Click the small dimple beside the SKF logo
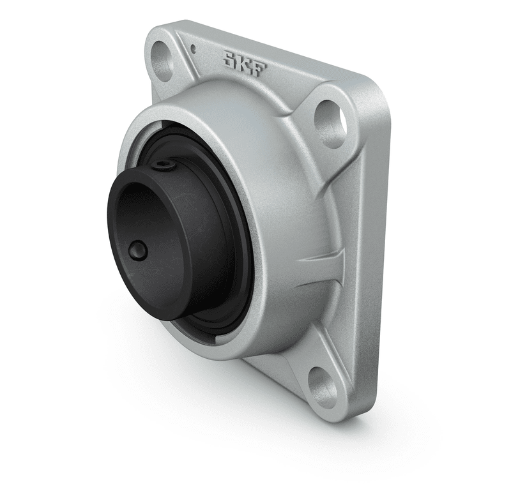point(194,49)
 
